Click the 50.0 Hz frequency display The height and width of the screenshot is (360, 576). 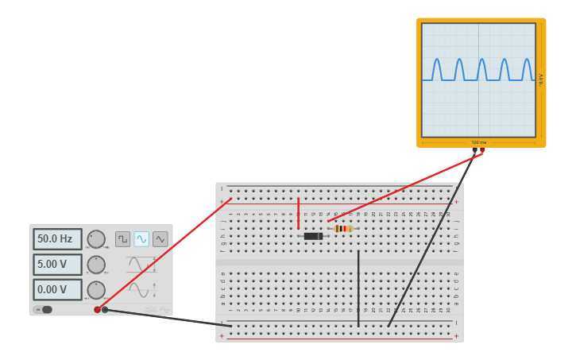click(57, 239)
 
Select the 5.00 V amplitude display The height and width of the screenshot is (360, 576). click(57, 265)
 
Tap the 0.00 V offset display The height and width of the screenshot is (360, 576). click(57, 290)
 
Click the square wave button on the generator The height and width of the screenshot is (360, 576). click(122, 239)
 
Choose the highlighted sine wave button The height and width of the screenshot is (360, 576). click(141, 239)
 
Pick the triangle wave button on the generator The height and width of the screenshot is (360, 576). click(160, 239)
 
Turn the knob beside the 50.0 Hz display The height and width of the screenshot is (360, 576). click(96, 239)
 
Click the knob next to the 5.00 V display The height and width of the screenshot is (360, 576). click(96, 265)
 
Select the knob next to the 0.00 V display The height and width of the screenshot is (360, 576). click(96, 290)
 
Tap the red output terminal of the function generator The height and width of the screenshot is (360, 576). click(98, 310)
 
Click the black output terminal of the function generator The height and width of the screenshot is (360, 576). click(105, 310)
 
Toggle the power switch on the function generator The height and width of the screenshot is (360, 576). click(44, 310)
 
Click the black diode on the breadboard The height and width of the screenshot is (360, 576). click(313, 236)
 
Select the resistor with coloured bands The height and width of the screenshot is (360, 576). click(343, 229)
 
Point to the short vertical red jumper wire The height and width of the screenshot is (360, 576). click(299, 213)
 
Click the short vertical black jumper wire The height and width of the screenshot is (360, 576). click(358, 288)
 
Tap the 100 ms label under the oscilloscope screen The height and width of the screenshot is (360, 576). click(479, 143)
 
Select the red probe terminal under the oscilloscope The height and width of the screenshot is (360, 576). click(482, 149)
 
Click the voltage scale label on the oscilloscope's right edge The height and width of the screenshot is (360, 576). click(541, 79)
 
